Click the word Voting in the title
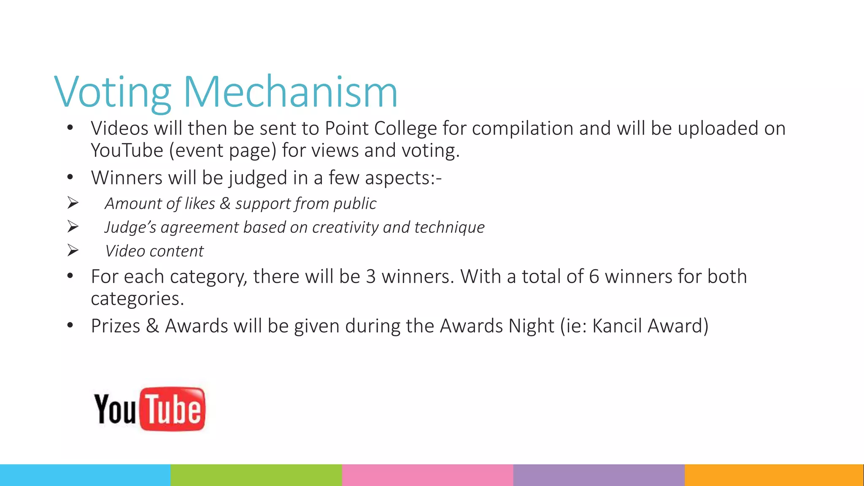(112, 92)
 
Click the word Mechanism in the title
(290, 92)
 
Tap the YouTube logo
(149, 409)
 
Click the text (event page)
(223, 151)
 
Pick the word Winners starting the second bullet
(126, 178)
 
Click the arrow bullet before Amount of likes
(73, 203)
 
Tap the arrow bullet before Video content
(73, 251)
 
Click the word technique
(449, 227)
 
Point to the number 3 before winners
(370, 277)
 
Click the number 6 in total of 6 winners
(594, 277)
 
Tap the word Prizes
(115, 326)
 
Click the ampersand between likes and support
(225, 203)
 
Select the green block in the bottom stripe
(256, 475)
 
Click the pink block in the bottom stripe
(427, 475)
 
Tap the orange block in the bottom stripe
(774, 475)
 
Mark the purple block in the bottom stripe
(599, 475)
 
